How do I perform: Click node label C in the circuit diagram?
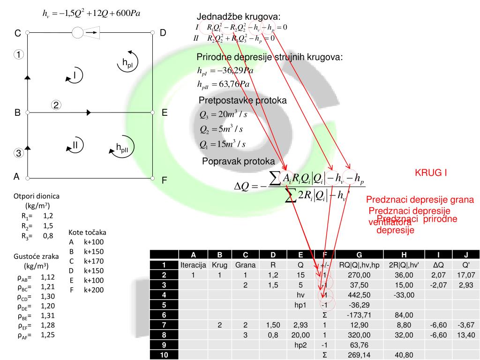coord(17,33)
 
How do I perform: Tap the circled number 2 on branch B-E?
coord(56,105)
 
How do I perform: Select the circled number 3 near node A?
coord(17,153)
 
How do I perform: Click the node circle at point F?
coord(153,178)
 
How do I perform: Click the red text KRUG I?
coord(430,172)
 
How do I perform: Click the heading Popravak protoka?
coord(238,161)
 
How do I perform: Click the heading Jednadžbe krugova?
coord(238,17)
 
